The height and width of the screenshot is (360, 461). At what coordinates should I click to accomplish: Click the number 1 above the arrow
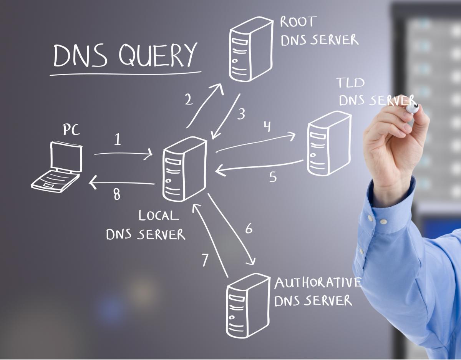118,139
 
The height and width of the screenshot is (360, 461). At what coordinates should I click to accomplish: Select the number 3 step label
241,114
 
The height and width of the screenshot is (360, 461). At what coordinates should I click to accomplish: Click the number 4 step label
267,126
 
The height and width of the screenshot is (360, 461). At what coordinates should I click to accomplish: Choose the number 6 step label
249,228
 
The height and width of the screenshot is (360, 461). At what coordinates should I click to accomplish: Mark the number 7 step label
205,260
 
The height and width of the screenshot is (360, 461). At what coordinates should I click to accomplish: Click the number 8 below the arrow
116,194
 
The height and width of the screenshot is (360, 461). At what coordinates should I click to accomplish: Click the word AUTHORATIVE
318,283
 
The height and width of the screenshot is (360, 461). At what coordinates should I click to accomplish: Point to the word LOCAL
159,215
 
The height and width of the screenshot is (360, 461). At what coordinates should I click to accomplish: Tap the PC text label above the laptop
71,130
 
